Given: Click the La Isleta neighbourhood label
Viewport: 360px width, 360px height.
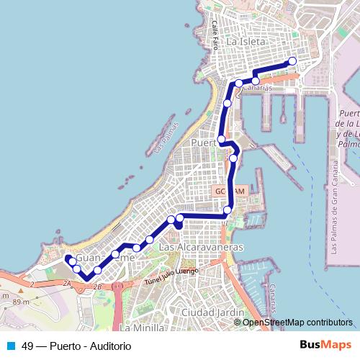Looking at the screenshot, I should click(x=246, y=42).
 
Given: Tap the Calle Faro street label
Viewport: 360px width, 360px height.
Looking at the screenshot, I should click(x=215, y=34).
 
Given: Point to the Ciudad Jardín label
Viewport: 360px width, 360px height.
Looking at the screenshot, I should click(x=213, y=312).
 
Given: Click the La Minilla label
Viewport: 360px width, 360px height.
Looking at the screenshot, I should click(x=144, y=328).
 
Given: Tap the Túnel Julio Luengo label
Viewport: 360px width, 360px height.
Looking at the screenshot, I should click(x=171, y=276).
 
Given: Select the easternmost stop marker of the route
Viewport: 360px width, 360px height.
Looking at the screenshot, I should click(x=292, y=61).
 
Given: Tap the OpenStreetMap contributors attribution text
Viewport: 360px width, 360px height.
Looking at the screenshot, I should click(x=297, y=323).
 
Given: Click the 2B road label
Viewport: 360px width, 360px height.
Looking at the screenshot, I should click(x=99, y=287).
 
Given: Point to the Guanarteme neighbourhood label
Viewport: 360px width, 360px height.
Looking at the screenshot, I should click(x=106, y=258).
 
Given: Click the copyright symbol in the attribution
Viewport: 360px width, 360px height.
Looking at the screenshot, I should click(x=238, y=323).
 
